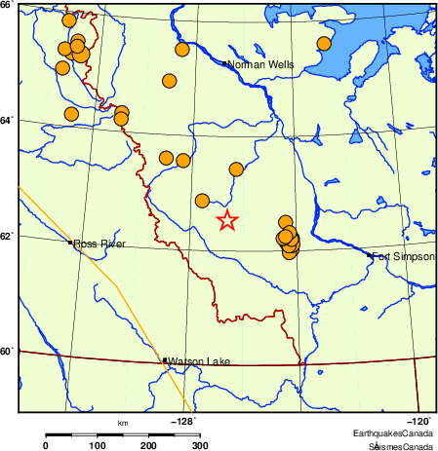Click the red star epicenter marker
226,220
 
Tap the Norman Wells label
259,63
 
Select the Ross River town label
99,244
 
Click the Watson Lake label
199,362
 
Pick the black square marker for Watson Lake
165,360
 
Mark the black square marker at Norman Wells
224,63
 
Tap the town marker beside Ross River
70,243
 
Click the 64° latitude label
7,120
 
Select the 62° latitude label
7,236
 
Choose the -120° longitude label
419,421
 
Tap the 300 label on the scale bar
199,445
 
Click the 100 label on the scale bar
97,445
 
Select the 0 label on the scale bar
45,445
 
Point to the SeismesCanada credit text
400,446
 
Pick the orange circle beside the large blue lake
324,43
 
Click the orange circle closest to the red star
202,201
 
